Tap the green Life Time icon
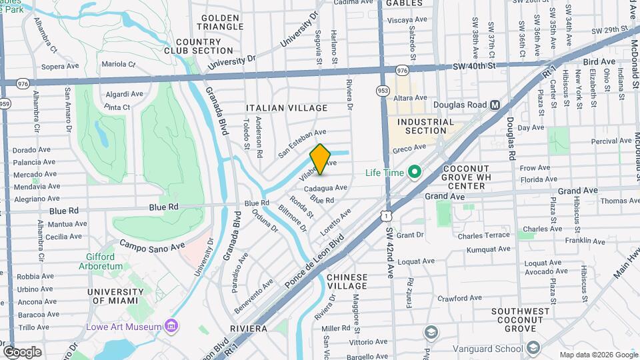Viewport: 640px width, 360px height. (414, 173)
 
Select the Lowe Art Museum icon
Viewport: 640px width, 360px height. (172, 327)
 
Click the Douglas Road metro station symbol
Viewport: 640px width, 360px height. (495, 105)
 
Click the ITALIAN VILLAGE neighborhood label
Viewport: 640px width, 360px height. (287, 108)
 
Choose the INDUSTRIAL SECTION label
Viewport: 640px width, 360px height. (425, 127)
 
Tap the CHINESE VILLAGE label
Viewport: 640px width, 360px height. (347, 281)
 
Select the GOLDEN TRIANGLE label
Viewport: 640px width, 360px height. (221, 22)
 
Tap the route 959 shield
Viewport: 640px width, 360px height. (5, 103)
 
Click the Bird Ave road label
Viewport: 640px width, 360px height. (599, 61)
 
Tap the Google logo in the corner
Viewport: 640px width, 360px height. (22, 351)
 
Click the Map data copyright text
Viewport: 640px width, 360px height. (597, 355)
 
